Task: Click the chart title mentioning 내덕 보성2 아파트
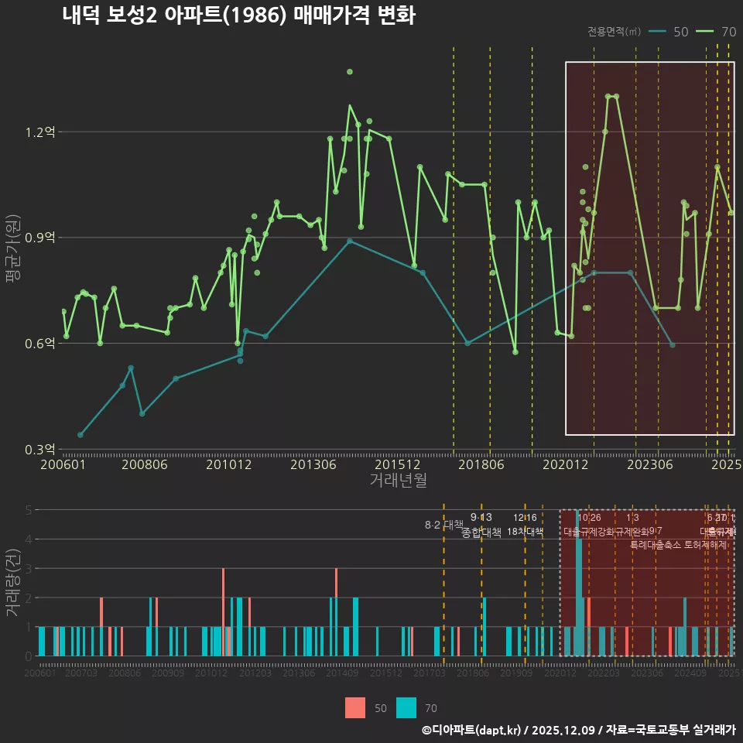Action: [238, 15]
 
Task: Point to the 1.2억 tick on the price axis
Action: [40, 132]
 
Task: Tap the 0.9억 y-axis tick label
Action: [40, 238]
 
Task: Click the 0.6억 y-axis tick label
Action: [40, 343]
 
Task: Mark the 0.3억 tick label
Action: [40, 449]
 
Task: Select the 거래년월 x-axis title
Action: [398, 480]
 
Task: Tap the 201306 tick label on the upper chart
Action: [313, 464]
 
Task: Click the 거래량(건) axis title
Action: [12, 582]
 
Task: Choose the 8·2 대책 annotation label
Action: [443, 525]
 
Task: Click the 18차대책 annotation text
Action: [525, 532]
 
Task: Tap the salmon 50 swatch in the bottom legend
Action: [354, 707]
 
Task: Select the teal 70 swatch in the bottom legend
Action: [406, 707]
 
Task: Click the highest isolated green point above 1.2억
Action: [350, 71]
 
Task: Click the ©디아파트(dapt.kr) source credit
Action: [472, 730]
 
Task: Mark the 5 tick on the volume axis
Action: [29, 510]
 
